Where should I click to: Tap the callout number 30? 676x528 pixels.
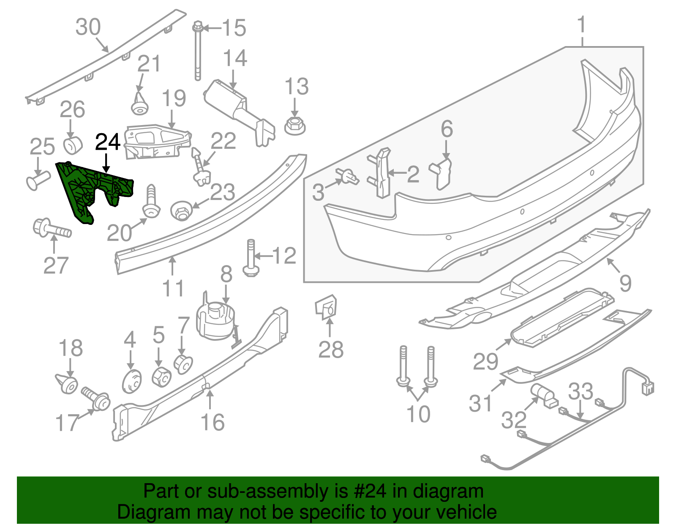88,27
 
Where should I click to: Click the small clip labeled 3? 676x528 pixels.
347,176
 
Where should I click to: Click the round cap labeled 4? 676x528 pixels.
132,381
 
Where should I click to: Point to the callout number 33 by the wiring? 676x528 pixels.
581,391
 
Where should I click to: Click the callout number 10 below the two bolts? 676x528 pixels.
418,414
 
